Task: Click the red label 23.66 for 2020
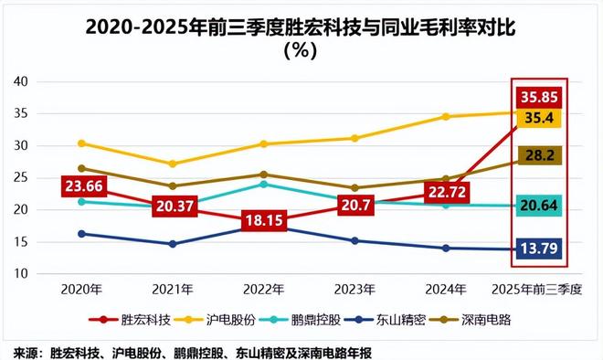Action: (83, 186)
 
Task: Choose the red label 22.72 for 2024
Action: (445, 192)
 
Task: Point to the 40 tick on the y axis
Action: (21, 81)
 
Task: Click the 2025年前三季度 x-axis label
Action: (543, 290)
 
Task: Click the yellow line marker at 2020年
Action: (82, 143)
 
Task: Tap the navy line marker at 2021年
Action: (173, 244)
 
